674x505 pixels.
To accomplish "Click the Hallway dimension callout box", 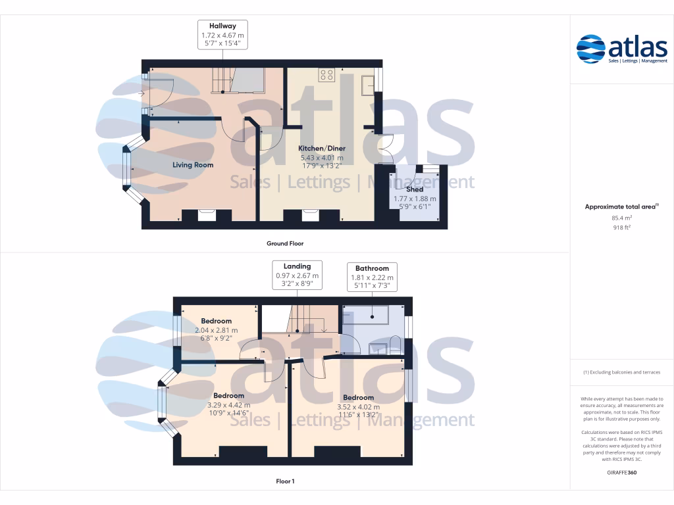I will pyautogui.click(x=223, y=34).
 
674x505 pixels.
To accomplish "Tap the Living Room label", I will pyautogui.click(x=193, y=165).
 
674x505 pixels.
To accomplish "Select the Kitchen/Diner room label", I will pyautogui.click(x=322, y=149).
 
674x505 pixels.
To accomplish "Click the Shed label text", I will pyautogui.click(x=415, y=189).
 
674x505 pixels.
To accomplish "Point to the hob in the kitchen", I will pyautogui.click(x=326, y=75).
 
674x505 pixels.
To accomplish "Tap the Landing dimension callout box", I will pyautogui.click(x=298, y=275).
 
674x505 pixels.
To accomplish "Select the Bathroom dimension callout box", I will pyautogui.click(x=372, y=277).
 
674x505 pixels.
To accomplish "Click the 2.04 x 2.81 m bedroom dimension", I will pyautogui.click(x=216, y=331).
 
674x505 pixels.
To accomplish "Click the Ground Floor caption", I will pyautogui.click(x=284, y=243).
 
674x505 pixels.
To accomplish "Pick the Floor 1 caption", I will pyautogui.click(x=284, y=482).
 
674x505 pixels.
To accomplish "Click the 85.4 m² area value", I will pyautogui.click(x=622, y=218).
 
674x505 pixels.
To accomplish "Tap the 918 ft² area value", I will pyautogui.click(x=622, y=228).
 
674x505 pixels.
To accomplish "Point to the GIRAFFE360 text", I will pyautogui.click(x=622, y=472).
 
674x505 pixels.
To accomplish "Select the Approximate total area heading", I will pyautogui.click(x=621, y=206).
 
